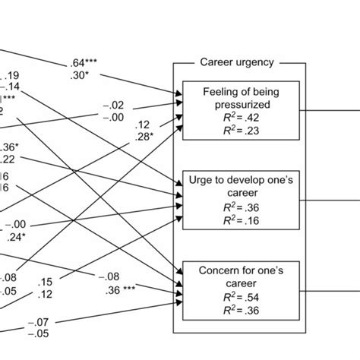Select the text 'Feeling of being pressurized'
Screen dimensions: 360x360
pyautogui.click(x=238, y=96)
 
